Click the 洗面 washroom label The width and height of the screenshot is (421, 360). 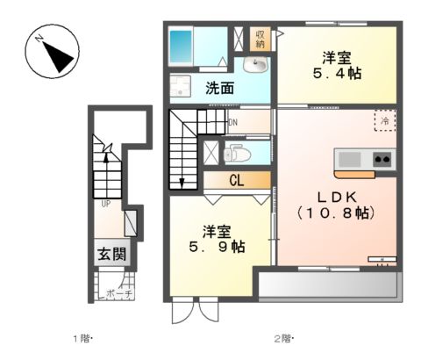click(219, 88)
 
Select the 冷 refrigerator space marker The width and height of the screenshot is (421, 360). click(383, 121)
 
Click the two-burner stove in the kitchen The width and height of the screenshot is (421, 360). click(382, 159)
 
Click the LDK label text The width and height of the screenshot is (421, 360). click(333, 197)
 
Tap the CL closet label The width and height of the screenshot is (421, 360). click(236, 182)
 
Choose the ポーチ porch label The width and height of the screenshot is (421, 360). click(118, 294)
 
